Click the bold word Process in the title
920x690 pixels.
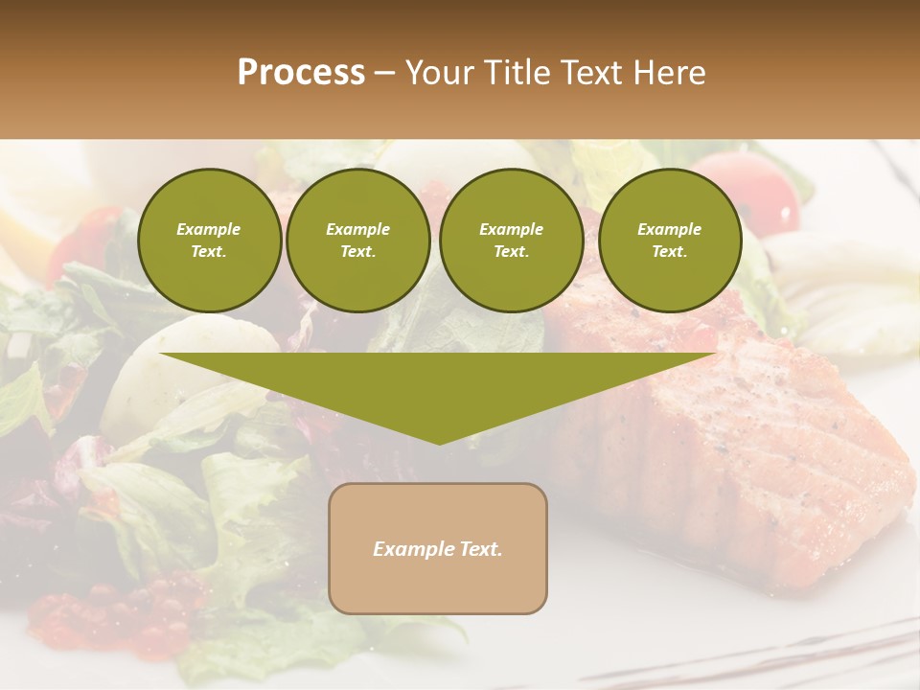coord(301,73)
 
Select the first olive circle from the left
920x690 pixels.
coord(209,241)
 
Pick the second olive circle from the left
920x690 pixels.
coord(358,241)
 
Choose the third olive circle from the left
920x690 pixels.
coord(511,241)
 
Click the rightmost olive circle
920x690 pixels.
coord(669,241)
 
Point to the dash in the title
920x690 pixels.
coord(385,73)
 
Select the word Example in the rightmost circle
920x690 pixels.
coord(669,229)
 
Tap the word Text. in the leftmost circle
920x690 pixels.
coord(209,252)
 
